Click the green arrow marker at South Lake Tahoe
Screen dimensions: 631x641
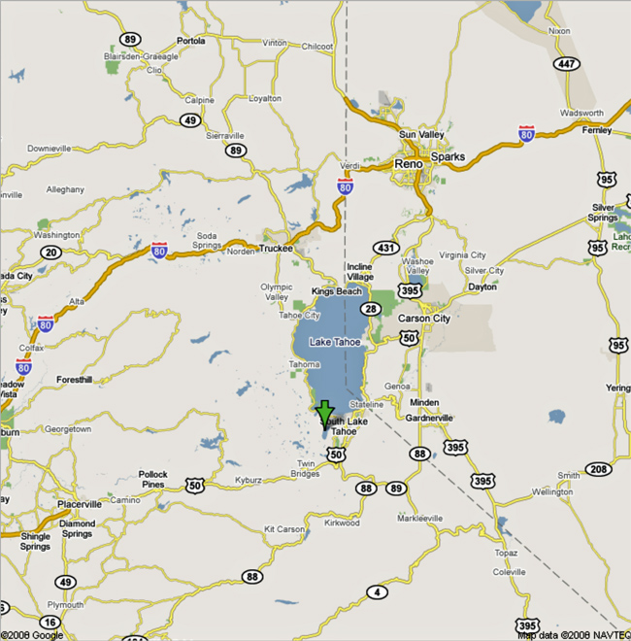click(x=324, y=412)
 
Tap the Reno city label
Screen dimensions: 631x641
click(x=408, y=164)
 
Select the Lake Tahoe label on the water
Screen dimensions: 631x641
click(x=334, y=342)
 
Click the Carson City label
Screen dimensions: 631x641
click(x=424, y=318)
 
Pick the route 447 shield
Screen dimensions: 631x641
click(x=566, y=63)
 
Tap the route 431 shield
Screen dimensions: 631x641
click(x=387, y=249)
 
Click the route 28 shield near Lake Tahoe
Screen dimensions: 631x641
click(x=371, y=308)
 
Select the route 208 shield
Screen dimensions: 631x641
click(x=599, y=470)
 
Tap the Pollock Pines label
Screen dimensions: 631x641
click(x=152, y=480)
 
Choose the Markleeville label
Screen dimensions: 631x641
click(x=418, y=518)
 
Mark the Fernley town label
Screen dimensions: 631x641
click(x=595, y=129)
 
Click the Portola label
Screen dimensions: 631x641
click(x=191, y=41)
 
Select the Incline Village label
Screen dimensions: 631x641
click(x=360, y=271)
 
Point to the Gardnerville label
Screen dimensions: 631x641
click(x=428, y=418)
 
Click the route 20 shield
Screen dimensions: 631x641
click(x=50, y=253)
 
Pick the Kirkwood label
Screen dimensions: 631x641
click(x=343, y=523)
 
